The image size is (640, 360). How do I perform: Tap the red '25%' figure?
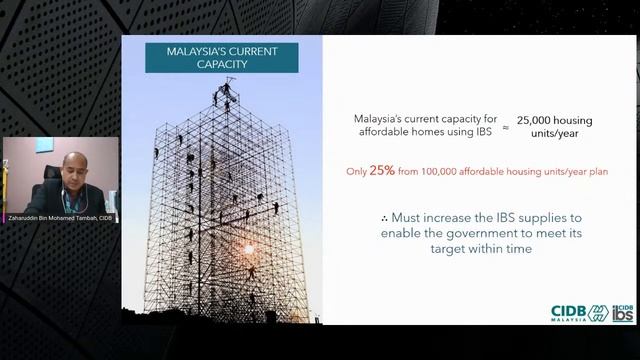point(381,171)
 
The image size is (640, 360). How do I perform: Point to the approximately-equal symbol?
point(505,127)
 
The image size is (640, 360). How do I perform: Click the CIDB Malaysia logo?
point(579,312)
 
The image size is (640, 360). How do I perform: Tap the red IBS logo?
point(622,312)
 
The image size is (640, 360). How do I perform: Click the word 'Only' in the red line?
point(356,172)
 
